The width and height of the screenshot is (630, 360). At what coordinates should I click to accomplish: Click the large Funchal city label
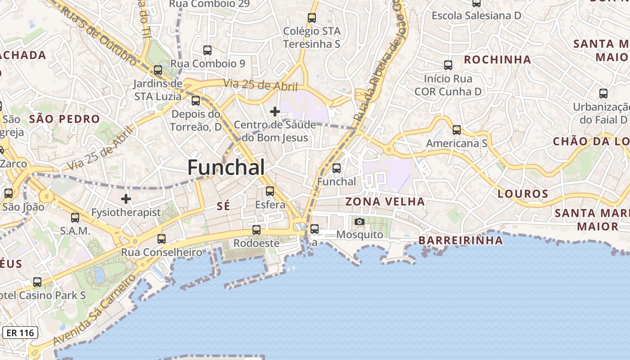click(226, 168)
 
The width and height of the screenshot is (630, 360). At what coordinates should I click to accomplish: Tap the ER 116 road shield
click(20, 333)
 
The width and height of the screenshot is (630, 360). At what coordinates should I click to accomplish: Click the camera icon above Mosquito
click(360, 221)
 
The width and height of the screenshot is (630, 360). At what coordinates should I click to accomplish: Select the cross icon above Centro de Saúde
click(274, 111)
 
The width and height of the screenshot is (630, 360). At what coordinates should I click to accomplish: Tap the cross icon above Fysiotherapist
click(126, 198)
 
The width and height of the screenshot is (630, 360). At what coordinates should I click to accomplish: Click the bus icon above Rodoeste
click(256, 230)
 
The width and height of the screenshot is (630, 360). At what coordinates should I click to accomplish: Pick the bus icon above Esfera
click(270, 191)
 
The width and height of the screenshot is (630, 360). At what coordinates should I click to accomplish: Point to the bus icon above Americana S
click(457, 130)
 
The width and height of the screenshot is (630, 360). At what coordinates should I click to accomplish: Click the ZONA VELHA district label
click(385, 202)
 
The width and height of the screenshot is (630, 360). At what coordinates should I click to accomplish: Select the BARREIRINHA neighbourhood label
click(461, 240)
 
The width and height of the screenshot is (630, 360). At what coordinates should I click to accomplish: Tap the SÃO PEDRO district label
click(64, 119)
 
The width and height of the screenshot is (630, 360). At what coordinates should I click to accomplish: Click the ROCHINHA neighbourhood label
click(497, 60)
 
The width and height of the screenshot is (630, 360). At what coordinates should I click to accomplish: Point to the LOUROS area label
click(523, 194)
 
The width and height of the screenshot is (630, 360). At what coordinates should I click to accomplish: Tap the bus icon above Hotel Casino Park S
click(37, 282)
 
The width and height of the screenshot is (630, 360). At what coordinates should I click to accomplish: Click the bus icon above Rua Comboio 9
click(207, 50)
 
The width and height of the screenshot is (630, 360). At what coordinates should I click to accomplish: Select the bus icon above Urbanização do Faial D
click(603, 94)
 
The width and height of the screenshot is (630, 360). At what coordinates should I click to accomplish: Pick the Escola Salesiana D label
click(476, 16)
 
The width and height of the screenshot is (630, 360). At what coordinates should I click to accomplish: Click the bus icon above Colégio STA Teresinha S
click(312, 18)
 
